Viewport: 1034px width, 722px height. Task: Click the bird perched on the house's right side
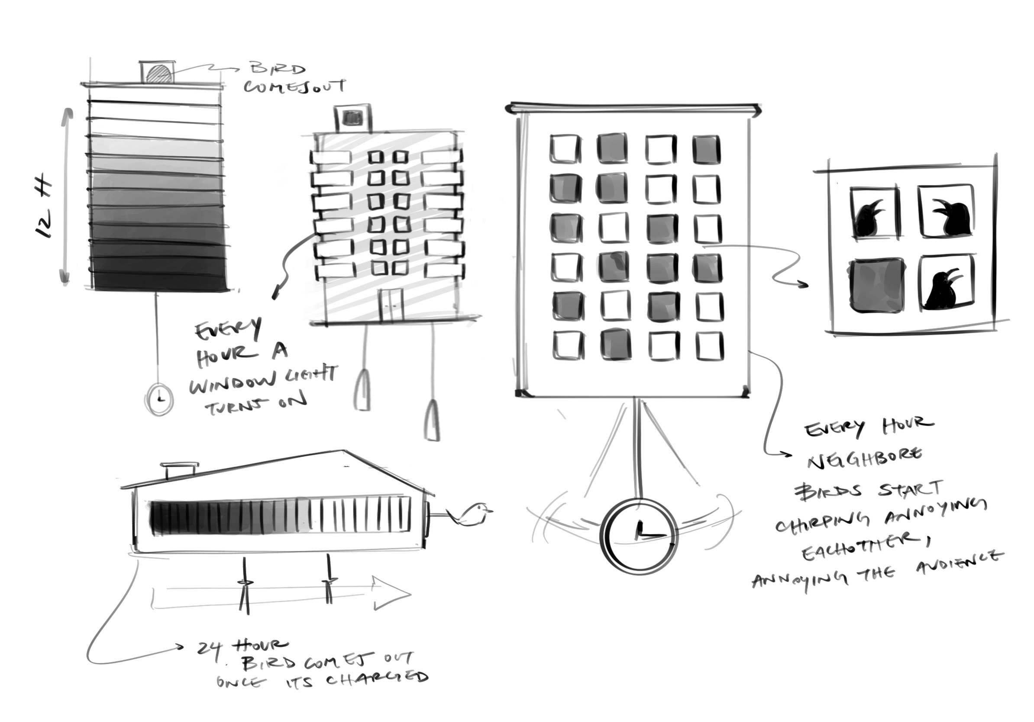point(473,514)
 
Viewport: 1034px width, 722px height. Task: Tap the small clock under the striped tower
point(159,399)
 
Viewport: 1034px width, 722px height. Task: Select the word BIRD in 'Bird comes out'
point(278,70)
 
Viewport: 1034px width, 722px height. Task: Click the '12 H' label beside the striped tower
point(44,210)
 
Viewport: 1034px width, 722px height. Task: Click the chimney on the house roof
point(180,471)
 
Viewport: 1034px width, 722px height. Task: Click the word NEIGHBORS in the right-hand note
point(864,458)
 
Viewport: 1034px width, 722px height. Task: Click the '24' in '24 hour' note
point(210,648)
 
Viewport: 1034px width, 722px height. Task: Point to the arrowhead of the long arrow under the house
point(392,594)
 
